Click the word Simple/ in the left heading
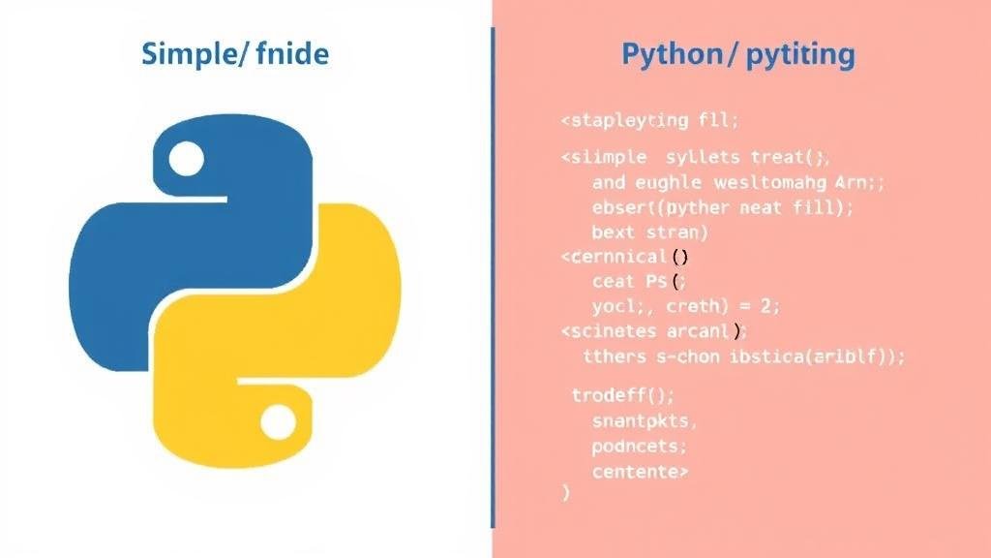click(x=197, y=53)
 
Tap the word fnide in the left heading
click(x=294, y=53)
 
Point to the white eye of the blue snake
click(x=186, y=157)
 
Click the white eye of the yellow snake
click(x=279, y=421)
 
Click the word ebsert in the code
click(x=622, y=207)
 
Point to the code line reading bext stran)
click(x=649, y=232)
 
